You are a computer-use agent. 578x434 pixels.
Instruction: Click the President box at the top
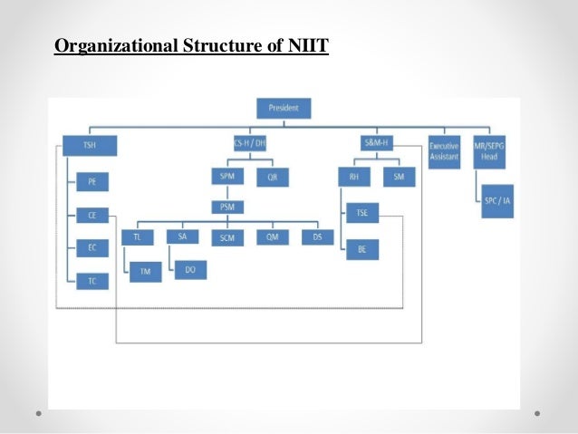point(284,109)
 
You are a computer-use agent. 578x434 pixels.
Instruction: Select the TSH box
point(89,145)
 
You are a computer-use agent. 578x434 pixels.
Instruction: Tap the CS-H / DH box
point(245,145)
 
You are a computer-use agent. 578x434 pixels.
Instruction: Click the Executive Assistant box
point(445,150)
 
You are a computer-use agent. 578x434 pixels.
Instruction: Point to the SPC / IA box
point(497,201)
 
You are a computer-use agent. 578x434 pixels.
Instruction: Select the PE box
point(92,182)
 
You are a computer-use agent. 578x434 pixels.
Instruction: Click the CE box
point(92,216)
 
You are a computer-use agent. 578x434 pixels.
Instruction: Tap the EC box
point(92,248)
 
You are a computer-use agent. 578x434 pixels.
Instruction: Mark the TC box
point(92,281)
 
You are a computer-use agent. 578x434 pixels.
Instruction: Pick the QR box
point(273,178)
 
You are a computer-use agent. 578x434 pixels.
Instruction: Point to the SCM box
point(226,238)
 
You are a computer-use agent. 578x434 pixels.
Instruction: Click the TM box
point(145,271)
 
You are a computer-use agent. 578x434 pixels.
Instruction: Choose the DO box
point(189,268)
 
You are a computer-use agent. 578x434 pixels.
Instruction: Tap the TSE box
point(361,215)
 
